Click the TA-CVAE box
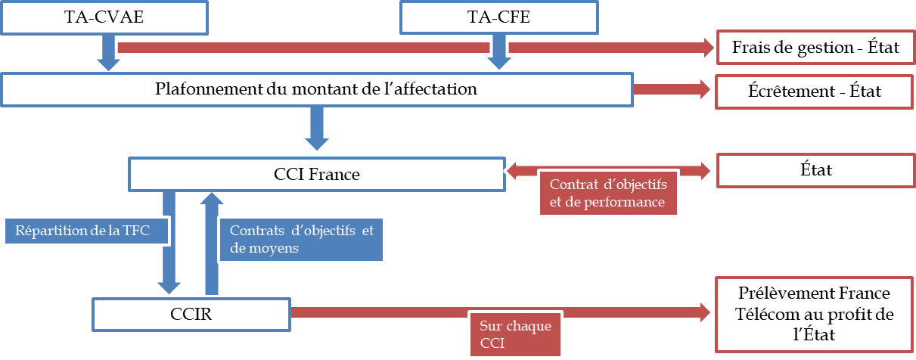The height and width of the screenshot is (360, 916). coord(104,17)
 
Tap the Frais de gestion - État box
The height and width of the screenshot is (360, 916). coord(815,48)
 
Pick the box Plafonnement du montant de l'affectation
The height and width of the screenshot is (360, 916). coord(316,88)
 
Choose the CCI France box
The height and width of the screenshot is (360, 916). coord(316,174)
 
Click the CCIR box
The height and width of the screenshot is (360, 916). coord(191,312)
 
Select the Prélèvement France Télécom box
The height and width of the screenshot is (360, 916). coord(815,314)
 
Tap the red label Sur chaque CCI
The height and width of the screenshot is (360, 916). coord(516,334)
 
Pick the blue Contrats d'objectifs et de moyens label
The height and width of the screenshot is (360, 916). coord(301,239)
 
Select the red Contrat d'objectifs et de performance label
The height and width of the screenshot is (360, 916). coord(607,193)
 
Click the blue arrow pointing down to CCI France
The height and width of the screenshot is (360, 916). coord(316,129)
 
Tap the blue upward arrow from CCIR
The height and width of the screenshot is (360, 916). coord(210,242)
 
